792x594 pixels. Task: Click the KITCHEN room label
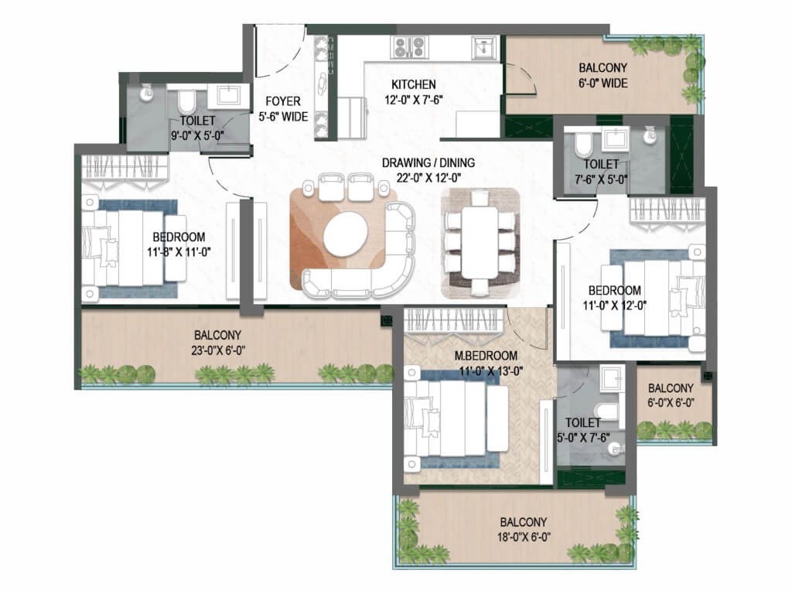tap(413, 84)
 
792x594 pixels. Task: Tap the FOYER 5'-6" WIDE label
tap(283, 108)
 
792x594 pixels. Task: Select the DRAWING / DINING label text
tap(428, 162)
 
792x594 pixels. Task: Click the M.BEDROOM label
tap(486, 356)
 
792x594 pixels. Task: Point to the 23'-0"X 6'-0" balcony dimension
tap(217, 350)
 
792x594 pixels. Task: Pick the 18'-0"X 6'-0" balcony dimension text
tap(524, 537)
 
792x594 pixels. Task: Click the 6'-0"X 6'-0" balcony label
tap(671, 402)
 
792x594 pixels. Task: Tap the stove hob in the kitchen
tap(409, 48)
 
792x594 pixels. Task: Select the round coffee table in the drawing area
tap(346, 234)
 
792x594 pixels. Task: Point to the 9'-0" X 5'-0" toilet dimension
tap(197, 135)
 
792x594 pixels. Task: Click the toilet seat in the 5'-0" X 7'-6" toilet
tap(607, 411)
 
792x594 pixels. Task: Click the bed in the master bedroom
tap(455, 417)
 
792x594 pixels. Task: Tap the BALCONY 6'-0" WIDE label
tap(603, 75)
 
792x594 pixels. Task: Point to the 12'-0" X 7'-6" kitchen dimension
tap(413, 100)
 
